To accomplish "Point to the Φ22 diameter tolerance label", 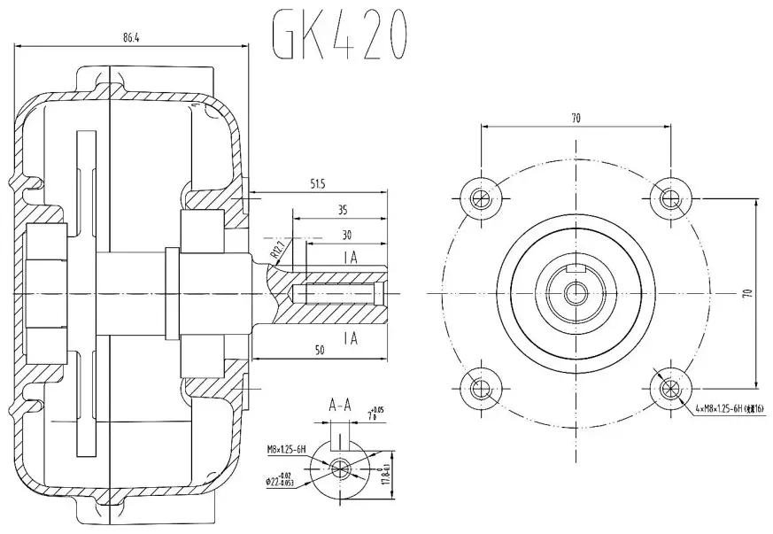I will click(x=286, y=481).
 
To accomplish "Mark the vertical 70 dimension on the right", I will click(x=746, y=292).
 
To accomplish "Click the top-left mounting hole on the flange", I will click(x=480, y=197).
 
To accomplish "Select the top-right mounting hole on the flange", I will click(x=672, y=197).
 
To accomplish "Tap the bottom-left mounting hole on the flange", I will click(x=480, y=387).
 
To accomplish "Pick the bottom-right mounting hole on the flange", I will click(x=672, y=387).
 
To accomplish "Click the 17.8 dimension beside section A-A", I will click(x=386, y=468).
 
